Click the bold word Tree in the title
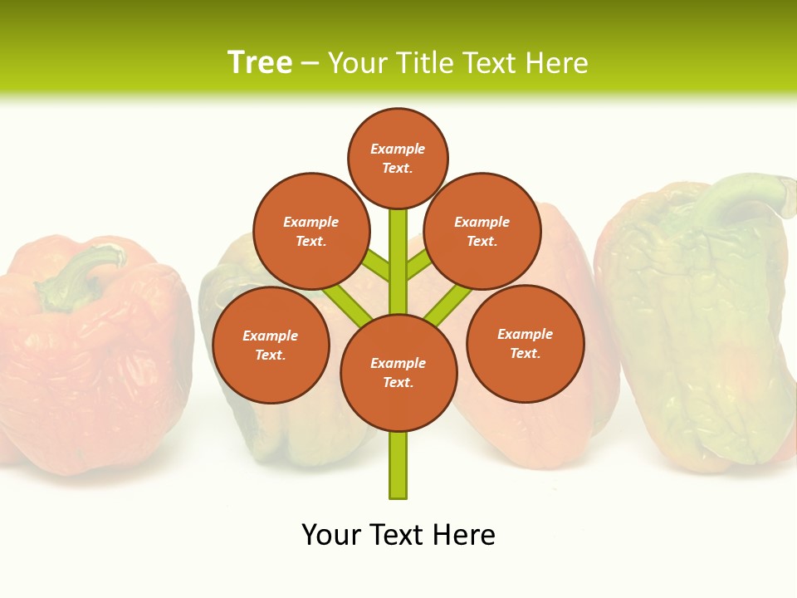(x=260, y=63)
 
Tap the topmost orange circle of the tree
(x=398, y=158)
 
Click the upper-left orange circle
(x=310, y=231)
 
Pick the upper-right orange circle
(x=482, y=231)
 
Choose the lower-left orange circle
(x=270, y=345)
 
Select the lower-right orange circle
(x=525, y=343)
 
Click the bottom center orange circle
(x=398, y=373)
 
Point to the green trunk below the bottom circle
(x=398, y=465)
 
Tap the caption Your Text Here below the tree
(x=398, y=535)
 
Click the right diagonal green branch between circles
(x=448, y=302)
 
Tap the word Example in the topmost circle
(x=398, y=149)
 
